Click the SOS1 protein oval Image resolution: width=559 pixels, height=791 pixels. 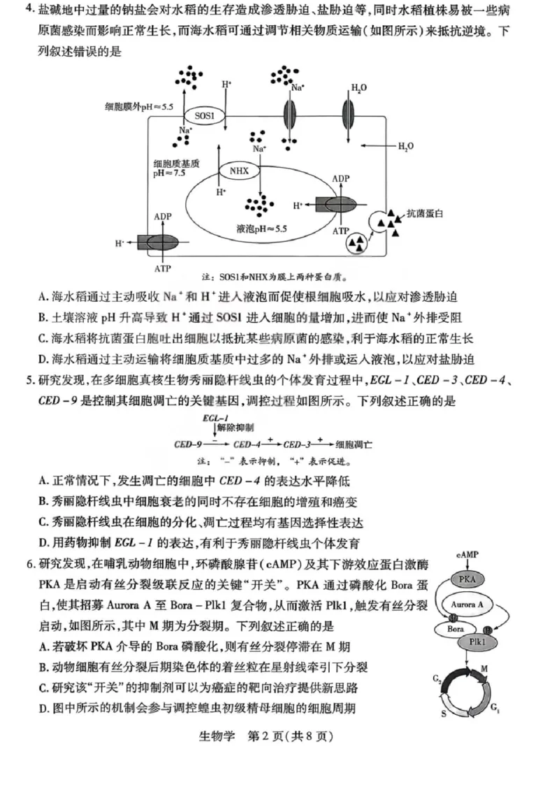pos(205,116)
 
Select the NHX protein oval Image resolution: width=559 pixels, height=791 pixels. pos(239,170)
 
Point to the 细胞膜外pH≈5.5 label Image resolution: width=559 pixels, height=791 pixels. pos(138,106)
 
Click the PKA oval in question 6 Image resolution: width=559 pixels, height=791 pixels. pos(463,579)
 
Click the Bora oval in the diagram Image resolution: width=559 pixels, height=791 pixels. pos(454,629)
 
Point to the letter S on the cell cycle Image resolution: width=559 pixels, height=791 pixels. pos(442,715)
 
